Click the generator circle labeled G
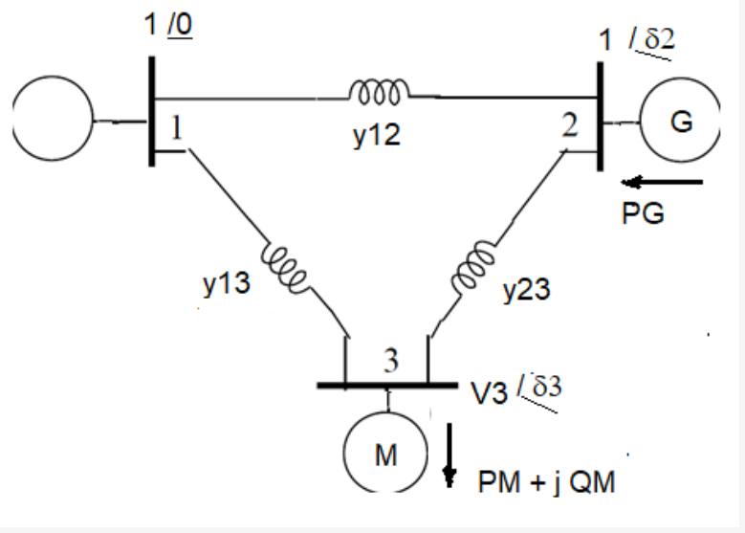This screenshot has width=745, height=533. [681, 123]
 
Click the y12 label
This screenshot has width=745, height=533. [376, 136]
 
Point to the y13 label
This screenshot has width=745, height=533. [227, 284]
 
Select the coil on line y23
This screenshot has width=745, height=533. [474, 269]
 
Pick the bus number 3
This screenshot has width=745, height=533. [390, 362]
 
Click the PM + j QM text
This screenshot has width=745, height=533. [547, 483]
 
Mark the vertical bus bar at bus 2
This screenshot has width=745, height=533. [600, 116]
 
